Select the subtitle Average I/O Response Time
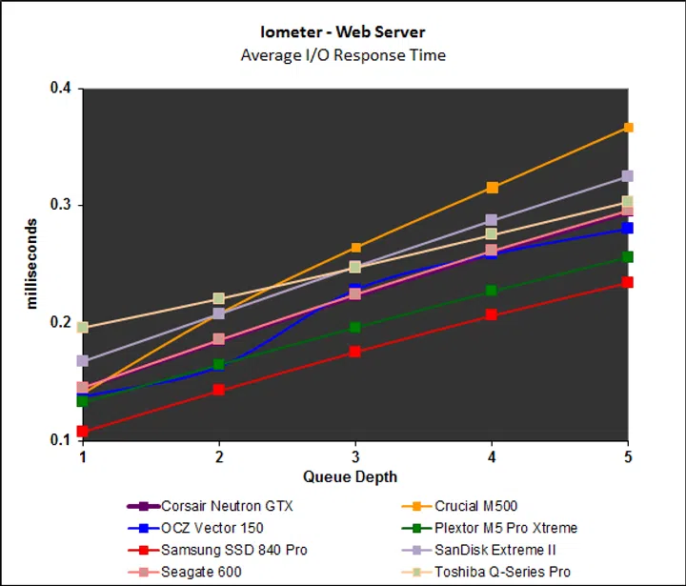[x=343, y=54]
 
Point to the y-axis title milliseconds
[x=33, y=264]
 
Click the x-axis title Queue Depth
[x=350, y=476]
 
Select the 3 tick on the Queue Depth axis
[x=355, y=456]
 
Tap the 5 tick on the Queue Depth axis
[x=628, y=456]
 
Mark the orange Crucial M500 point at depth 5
[x=628, y=128]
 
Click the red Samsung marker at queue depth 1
[x=83, y=432]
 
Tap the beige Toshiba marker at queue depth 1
[x=83, y=328]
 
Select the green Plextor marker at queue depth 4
[x=492, y=291]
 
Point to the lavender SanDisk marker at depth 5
[x=628, y=176]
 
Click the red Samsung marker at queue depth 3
[x=355, y=352]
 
